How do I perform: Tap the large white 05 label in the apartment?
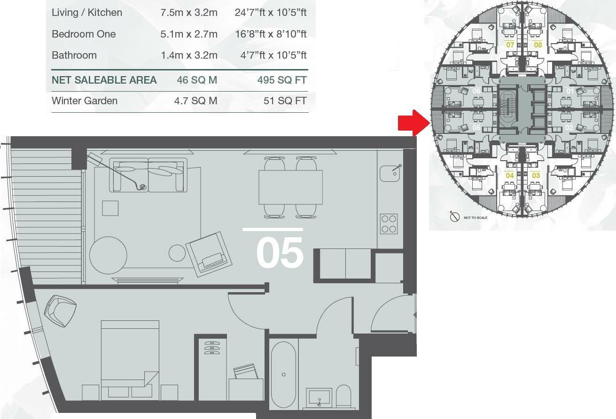(280, 252)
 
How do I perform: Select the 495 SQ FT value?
(282, 80)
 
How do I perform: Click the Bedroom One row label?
(84, 34)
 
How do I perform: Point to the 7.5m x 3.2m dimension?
(189, 12)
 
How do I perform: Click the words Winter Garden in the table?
(85, 101)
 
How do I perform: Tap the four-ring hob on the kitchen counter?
(389, 224)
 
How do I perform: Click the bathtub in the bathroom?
(283, 374)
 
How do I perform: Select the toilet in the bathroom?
(343, 397)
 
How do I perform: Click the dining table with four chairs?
(290, 187)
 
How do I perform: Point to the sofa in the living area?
(148, 175)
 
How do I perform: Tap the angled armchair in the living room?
(209, 252)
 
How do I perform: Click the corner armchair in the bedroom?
(61, 311)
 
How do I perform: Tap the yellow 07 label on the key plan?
(510, 45)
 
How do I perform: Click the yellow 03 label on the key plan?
(536, 176)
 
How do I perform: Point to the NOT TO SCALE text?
(476, 217)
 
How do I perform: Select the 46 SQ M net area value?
(197, 80)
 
